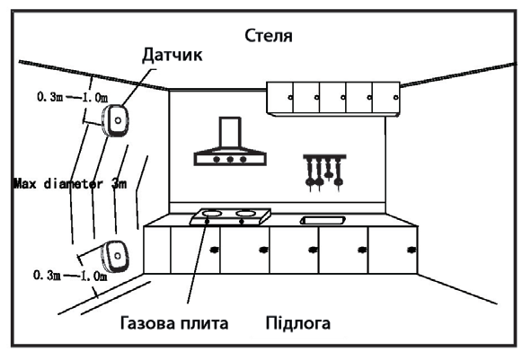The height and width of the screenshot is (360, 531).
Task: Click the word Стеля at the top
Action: click(x=270, y=36)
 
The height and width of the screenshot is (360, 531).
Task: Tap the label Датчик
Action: click(x=171, y=55)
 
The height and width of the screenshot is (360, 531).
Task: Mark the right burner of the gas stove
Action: click(x=243, y=215)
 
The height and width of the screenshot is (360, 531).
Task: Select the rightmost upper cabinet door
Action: click(x=386, y=94)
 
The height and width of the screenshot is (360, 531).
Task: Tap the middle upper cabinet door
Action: click(x=333, y=94)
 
